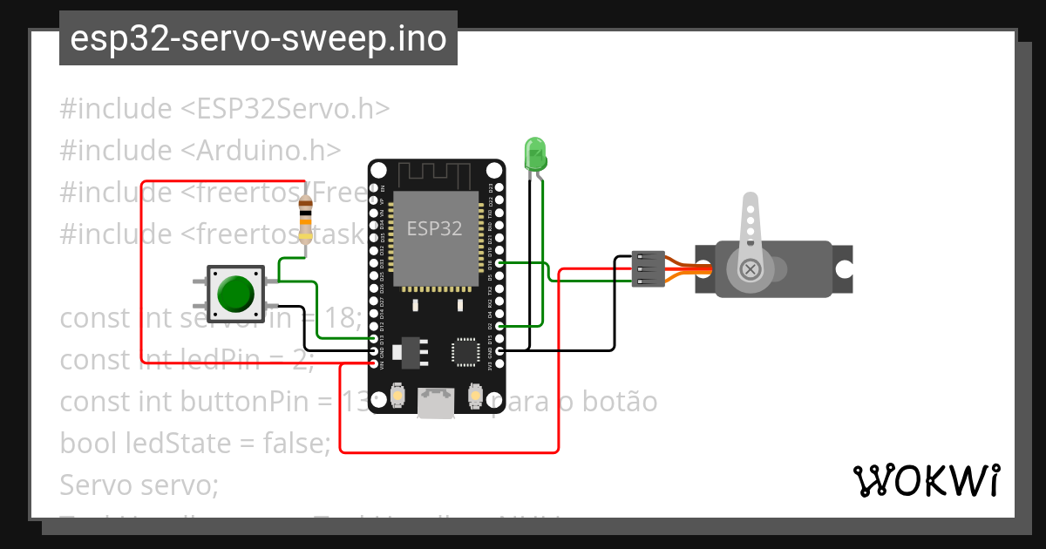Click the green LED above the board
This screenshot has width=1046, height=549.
(x=534, y=154)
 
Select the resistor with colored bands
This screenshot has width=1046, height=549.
(x=305, y=220)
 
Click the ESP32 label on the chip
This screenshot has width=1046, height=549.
(x=435, y=227)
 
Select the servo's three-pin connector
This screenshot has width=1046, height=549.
(x=648, y=269)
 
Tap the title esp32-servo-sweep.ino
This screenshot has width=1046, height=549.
(x=258, y=38)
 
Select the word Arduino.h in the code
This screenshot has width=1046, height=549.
(x=261, y=150)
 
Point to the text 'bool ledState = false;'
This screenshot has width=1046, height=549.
(x=195, y=443)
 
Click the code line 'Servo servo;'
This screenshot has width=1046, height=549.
(x=139, y=483)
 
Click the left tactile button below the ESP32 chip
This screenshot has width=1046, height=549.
(x=397, y=396)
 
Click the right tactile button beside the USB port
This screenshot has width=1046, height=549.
(x=475, y=396)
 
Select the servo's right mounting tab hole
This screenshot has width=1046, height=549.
(x=843, y=269)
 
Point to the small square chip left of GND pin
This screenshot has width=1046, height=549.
(x=463, y=351)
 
